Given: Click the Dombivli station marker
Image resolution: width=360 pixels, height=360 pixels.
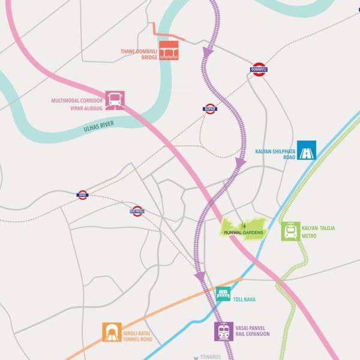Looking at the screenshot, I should pos(259,70).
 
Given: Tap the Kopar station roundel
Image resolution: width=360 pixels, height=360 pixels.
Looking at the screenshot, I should pos(209,109).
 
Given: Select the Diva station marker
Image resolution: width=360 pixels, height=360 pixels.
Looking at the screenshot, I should pos(82,194).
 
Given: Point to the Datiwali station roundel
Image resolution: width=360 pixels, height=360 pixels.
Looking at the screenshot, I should pos(137,211).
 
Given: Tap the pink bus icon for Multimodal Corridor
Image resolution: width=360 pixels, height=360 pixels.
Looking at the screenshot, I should pos(115,100).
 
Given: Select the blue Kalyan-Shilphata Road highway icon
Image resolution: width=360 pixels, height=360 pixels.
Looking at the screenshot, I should pos(307,150).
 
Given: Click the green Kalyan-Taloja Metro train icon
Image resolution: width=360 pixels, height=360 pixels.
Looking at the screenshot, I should pos(291,231).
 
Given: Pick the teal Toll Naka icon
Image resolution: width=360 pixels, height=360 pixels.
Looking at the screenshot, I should pos(223,294).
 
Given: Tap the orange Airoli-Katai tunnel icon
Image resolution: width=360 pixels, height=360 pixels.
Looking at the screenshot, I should pos(112,332).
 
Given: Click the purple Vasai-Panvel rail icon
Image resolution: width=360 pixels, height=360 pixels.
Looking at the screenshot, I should pos(224,331).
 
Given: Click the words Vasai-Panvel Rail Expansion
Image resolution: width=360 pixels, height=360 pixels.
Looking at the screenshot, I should pos(254,331).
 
